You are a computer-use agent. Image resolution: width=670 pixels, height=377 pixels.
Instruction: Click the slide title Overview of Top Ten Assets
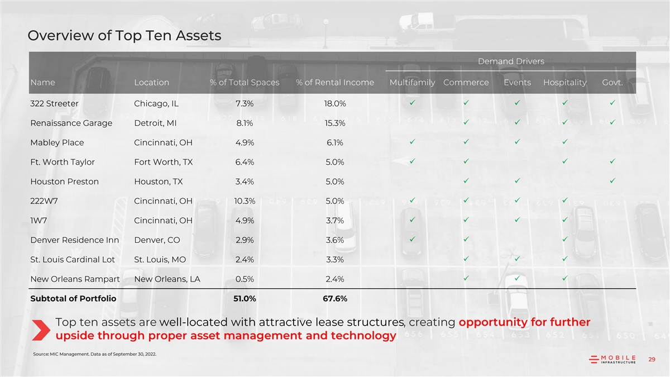pyautogui.click(x=124, y=36)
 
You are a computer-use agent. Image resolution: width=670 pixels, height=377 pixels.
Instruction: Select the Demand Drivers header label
pyautogui.click(x=511, y=61)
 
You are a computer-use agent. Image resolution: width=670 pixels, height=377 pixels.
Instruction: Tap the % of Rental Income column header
pyautogui.click(x=335, y=83)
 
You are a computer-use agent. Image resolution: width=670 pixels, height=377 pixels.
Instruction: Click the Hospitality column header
pyautogui.click(x=564, y=83)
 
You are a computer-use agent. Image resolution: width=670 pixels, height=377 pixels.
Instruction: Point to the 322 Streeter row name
pyautogui.click(x=54, y=103)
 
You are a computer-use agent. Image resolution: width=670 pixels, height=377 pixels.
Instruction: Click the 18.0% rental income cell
pyautogui.click(x=335, y=103)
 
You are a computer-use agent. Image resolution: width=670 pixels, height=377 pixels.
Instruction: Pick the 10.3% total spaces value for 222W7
pyautogui.click(x=245, y=201)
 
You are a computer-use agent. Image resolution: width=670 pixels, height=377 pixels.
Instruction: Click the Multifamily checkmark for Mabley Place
pyautogui.click(x=411, y=142)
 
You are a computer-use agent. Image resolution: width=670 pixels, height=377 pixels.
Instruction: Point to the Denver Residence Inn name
pyautogui.click(x=74, y=240)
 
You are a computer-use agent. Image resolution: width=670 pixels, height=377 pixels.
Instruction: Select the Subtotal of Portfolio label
pyautogui.click(x=73, y=299)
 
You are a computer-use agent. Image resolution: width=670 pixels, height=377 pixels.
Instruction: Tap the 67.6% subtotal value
pyautogui.click(x=335, y=299)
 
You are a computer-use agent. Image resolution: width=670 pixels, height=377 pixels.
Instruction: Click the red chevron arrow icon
pyautogui.click(x=41, y=329)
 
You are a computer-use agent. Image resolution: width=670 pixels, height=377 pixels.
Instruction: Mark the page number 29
pyautogui.click(x=652, y=360)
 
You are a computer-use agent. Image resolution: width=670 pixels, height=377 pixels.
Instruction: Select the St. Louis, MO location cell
pyautogui.click(x=160, y=260)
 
